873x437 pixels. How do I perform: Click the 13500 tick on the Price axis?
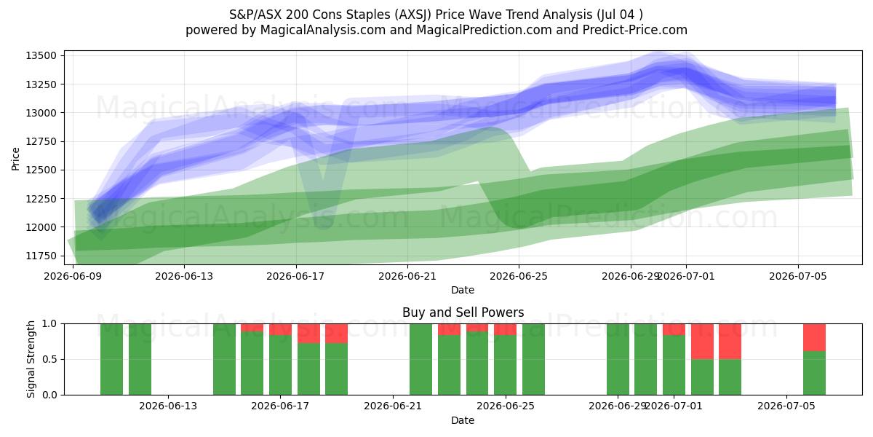41,55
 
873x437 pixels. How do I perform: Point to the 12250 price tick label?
41,199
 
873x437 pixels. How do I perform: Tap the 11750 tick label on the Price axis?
41,256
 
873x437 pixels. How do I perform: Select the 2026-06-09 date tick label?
73,276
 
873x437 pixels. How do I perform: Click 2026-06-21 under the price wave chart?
407,276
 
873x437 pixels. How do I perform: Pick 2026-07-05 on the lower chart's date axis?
786,406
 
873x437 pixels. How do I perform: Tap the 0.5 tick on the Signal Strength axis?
49,359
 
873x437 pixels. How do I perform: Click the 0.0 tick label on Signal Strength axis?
49,395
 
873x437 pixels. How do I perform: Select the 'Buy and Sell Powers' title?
463,312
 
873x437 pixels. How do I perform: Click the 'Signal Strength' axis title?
31,359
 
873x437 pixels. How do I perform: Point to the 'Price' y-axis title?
15,159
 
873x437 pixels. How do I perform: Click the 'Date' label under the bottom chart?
463,420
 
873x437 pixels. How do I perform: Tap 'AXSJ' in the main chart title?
413,15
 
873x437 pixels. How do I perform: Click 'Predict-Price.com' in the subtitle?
635,30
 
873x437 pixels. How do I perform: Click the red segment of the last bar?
814,337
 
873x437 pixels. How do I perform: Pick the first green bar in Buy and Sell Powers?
111,359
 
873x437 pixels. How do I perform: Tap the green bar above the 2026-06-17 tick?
280,365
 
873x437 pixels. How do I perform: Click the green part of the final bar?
814,373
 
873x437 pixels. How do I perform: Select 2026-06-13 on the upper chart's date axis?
184,276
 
